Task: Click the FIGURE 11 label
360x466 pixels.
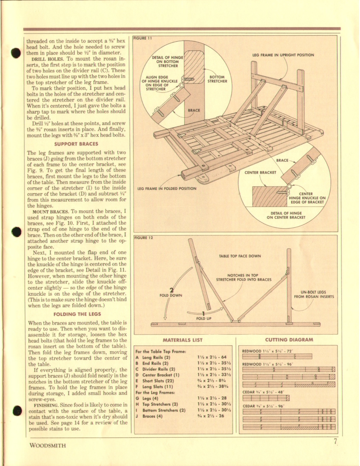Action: pos(143,38)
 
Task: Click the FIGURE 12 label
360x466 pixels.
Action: pos(143,238)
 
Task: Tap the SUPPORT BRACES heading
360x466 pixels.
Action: pos(77,144)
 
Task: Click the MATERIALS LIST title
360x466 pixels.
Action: pos(183,340)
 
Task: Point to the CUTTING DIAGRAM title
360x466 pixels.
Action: pos(289,340)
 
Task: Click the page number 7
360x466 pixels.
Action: pos(335,442)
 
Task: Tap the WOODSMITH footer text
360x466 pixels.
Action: pos(47,445)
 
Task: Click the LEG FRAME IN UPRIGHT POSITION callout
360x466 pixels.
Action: pos(283,55)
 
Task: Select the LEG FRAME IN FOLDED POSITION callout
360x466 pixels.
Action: pos(167,188)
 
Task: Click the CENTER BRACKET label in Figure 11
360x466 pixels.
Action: pos(260,172)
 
